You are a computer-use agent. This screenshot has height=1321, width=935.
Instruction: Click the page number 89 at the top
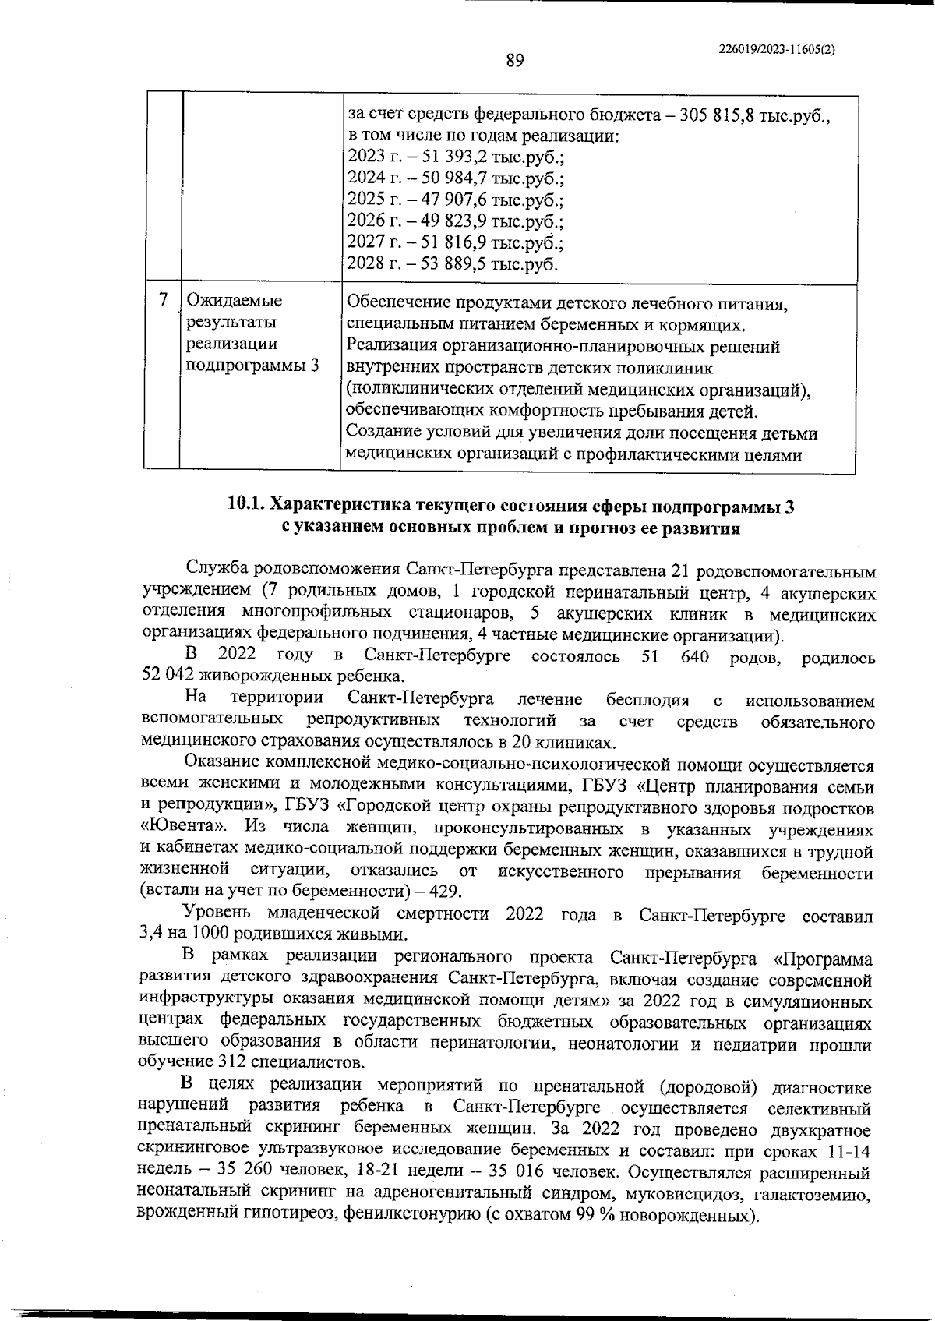(515, 60)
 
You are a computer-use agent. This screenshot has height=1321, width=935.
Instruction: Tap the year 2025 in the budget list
(364, 199)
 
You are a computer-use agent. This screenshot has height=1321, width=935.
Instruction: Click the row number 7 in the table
(162, 300)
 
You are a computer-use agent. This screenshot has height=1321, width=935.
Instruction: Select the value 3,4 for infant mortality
(150, 934)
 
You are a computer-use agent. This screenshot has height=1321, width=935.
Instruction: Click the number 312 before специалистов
(233, 1062)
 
